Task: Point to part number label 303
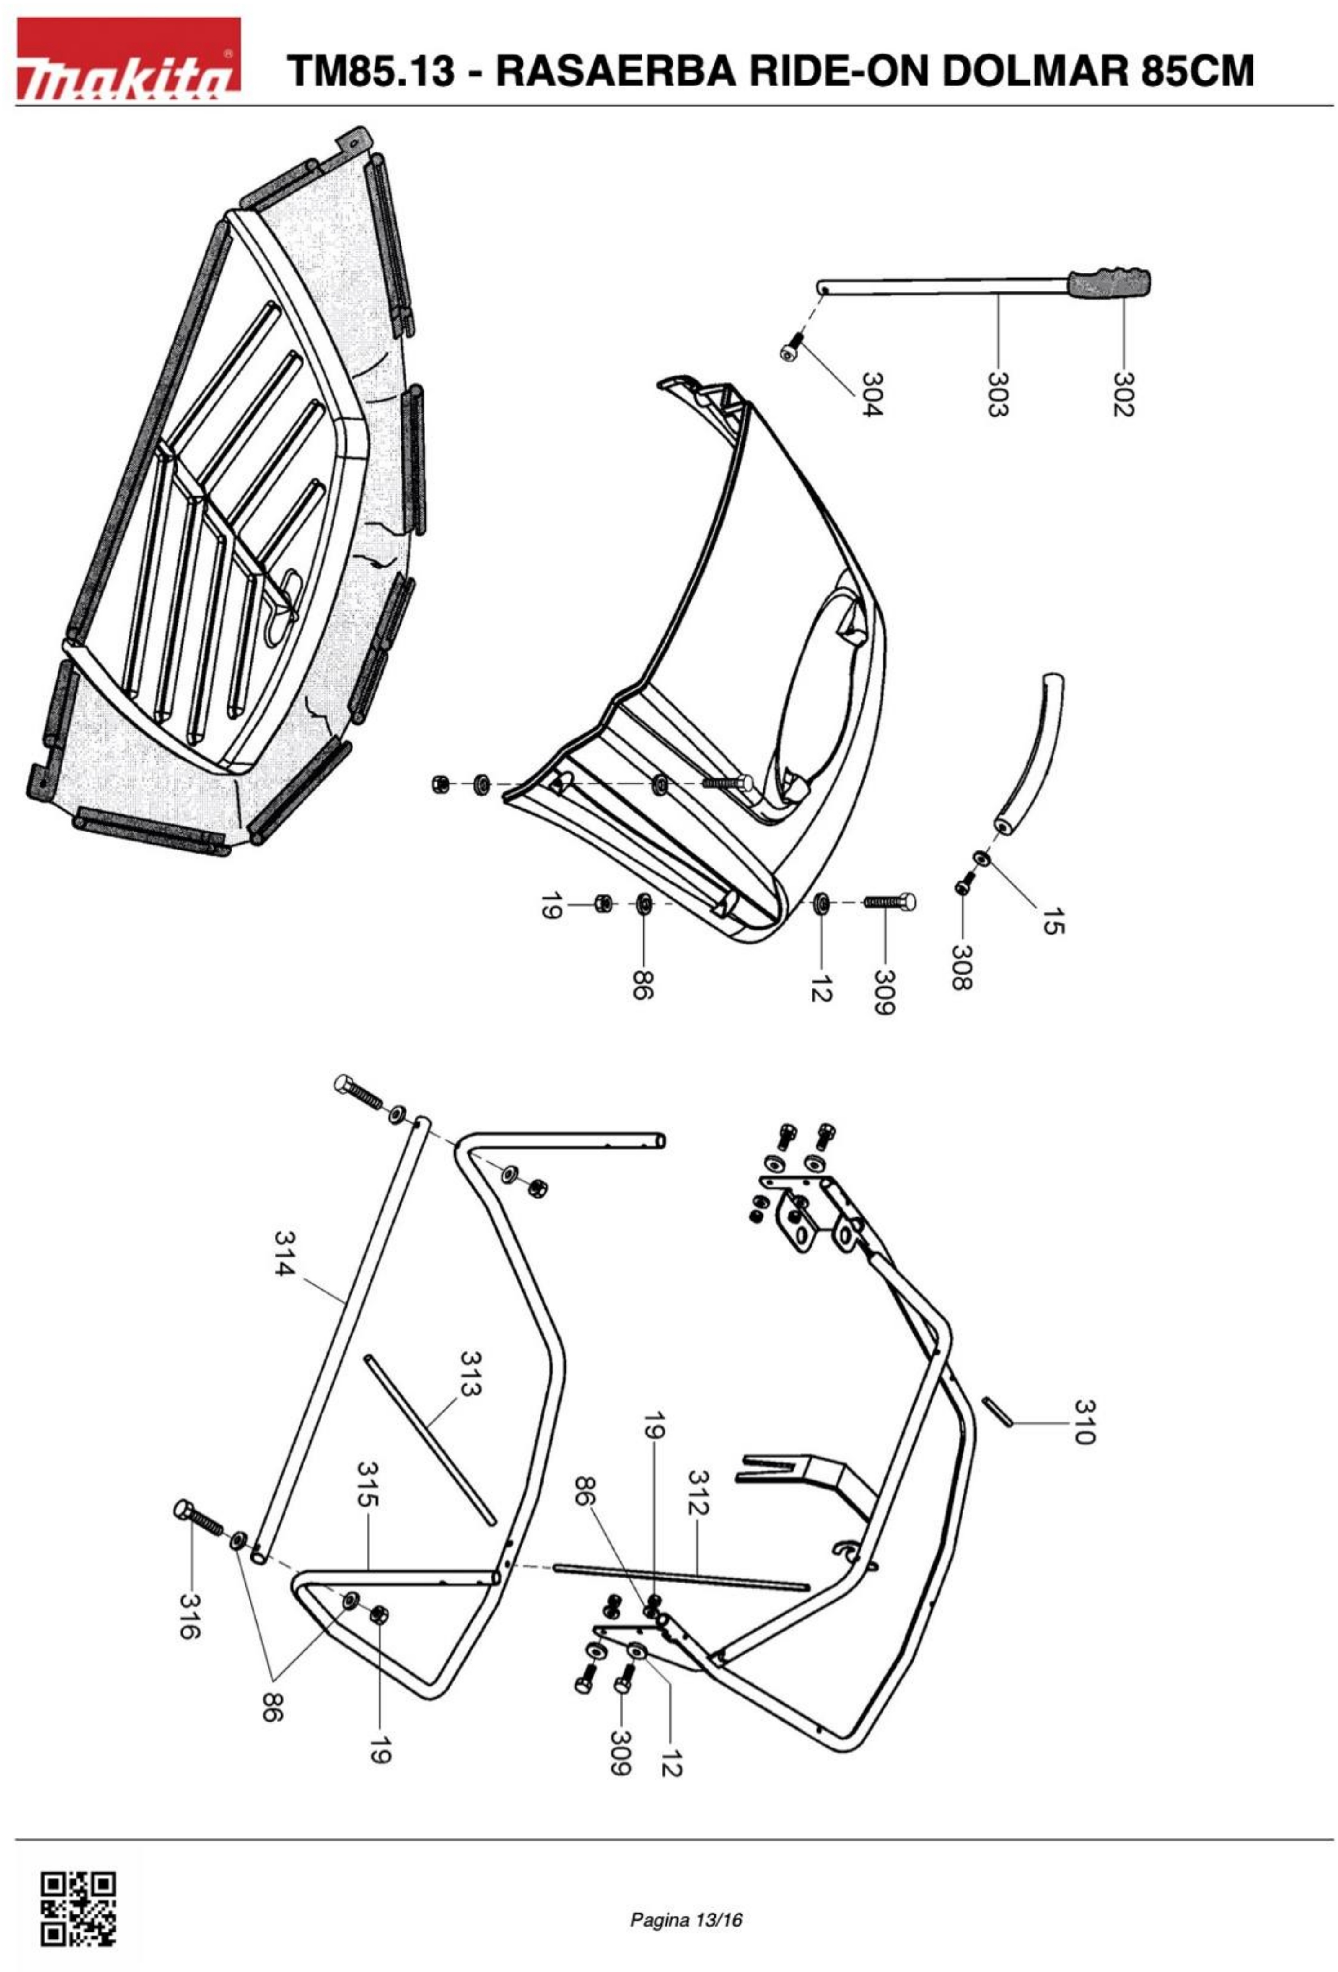998,394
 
